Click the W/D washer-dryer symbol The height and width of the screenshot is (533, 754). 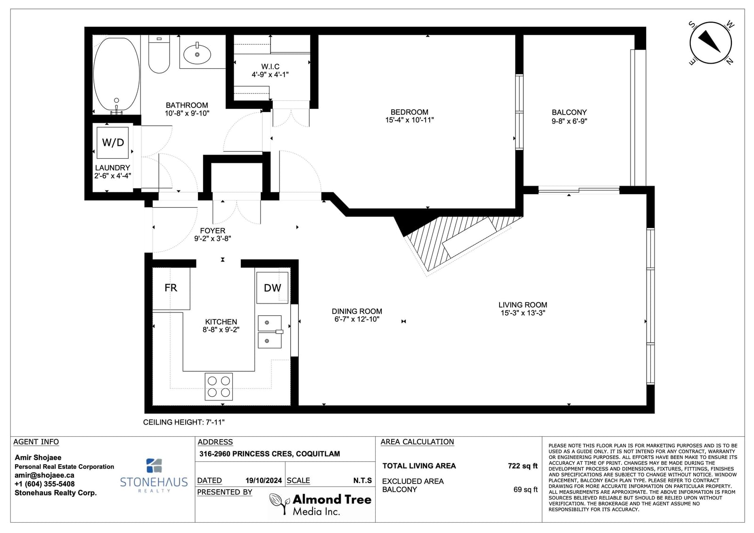[x=113, y=142]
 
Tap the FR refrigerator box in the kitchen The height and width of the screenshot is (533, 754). [x=171, y=288]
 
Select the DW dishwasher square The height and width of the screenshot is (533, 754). [x=272, y=287]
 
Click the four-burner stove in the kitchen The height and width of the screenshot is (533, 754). [x=219, y=386]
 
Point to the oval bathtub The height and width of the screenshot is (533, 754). [x=116, y=75]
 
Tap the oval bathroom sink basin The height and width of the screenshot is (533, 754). [x=197, y=54]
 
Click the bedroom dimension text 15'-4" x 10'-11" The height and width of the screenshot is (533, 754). [x=410, y=120]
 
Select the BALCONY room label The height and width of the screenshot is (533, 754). [x=569, y=113]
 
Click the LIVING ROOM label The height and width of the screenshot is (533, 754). [x=523, y=305]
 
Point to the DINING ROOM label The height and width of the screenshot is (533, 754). [x=357, y=311]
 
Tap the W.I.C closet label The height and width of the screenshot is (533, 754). [x=270, y=66]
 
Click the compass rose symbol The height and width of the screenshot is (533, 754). [x=711, y=43]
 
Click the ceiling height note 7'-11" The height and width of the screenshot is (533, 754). [x=184, y=422]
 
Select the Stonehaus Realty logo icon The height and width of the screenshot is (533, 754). [x=154, y=466]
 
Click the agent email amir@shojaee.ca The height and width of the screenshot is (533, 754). [x=44, y=476]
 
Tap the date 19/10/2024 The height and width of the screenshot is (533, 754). [x=263, y=481]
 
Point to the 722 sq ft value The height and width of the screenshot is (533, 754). [x=523, y=466]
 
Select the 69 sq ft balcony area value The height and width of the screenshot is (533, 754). [x=525, y=490]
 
